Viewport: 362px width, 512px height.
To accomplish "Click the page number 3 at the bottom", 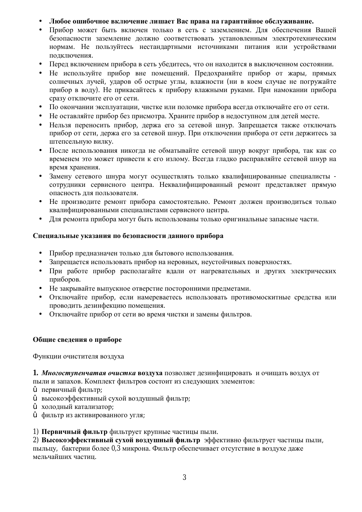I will click(184, 478).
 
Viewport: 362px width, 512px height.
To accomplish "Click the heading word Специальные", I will click(56, 236).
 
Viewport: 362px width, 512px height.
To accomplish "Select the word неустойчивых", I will click(224, 262).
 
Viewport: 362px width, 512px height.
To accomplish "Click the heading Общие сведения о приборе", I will click(77, 340).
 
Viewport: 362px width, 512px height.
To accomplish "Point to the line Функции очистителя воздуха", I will click(79, 356).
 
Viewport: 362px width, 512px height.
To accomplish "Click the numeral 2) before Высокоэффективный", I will click(36, 440).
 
